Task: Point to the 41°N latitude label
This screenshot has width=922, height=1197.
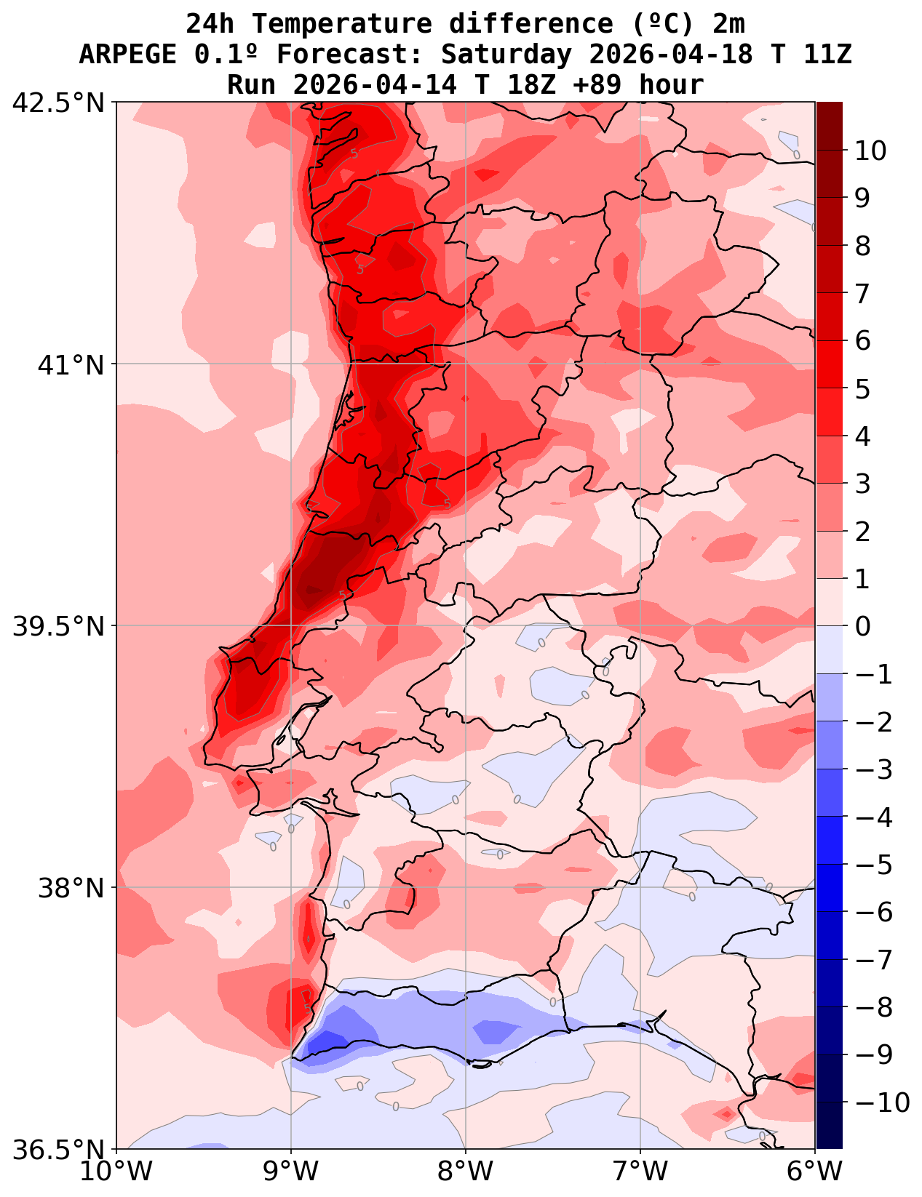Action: click(71, 364)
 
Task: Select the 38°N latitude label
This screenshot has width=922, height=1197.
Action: click(71, 888)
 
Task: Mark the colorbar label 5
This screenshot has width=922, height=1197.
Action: click(862, 389)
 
